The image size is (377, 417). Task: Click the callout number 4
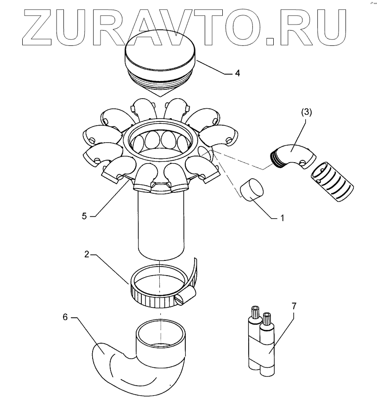(x=237, y=73)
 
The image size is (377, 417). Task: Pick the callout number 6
(x=65, y=317)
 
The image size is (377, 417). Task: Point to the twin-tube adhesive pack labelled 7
(x=262, y=343)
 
